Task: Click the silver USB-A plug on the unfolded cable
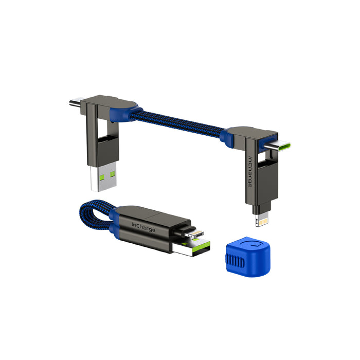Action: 103,179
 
